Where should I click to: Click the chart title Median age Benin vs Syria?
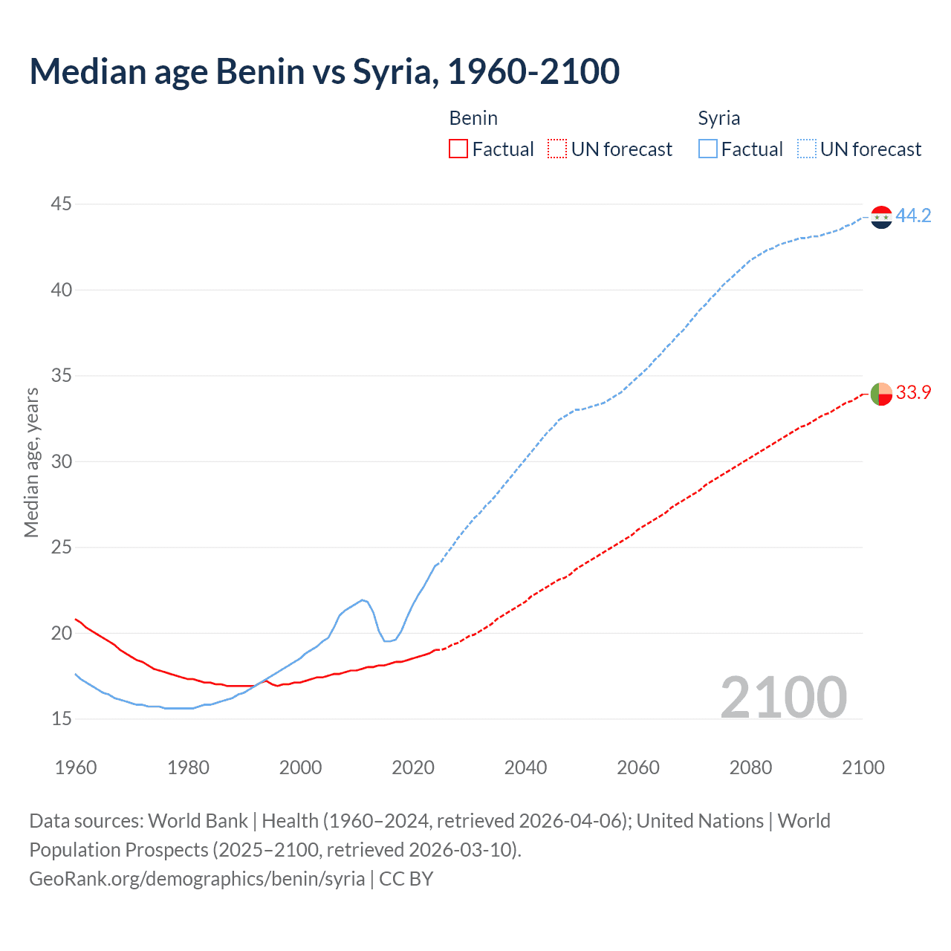coord(325,72)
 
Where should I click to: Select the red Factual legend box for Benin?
coord(458,149)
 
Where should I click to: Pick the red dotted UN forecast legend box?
coord(557,149)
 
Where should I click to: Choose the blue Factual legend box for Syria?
coord(708,149)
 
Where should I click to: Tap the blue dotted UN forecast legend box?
coord(807,149)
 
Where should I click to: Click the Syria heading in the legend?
coord(718,118)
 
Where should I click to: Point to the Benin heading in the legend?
coord(473,118)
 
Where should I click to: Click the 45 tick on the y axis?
coord(62,204)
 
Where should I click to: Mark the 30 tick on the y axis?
coord(62,461)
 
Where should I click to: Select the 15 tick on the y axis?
coord(62,718)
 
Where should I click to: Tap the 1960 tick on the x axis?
coord(76,767)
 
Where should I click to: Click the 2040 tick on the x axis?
coord(525,767)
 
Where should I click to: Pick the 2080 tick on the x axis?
coord(750,767)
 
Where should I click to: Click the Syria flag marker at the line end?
coord(881,217)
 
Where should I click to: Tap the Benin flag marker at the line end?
coord(881,394)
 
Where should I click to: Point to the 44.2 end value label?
coord(913,215)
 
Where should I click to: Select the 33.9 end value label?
coord(913,392)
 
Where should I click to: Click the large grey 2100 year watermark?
coord(783,697)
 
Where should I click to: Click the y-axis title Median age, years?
coord(31,462)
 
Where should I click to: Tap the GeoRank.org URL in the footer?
coord(197,879)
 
